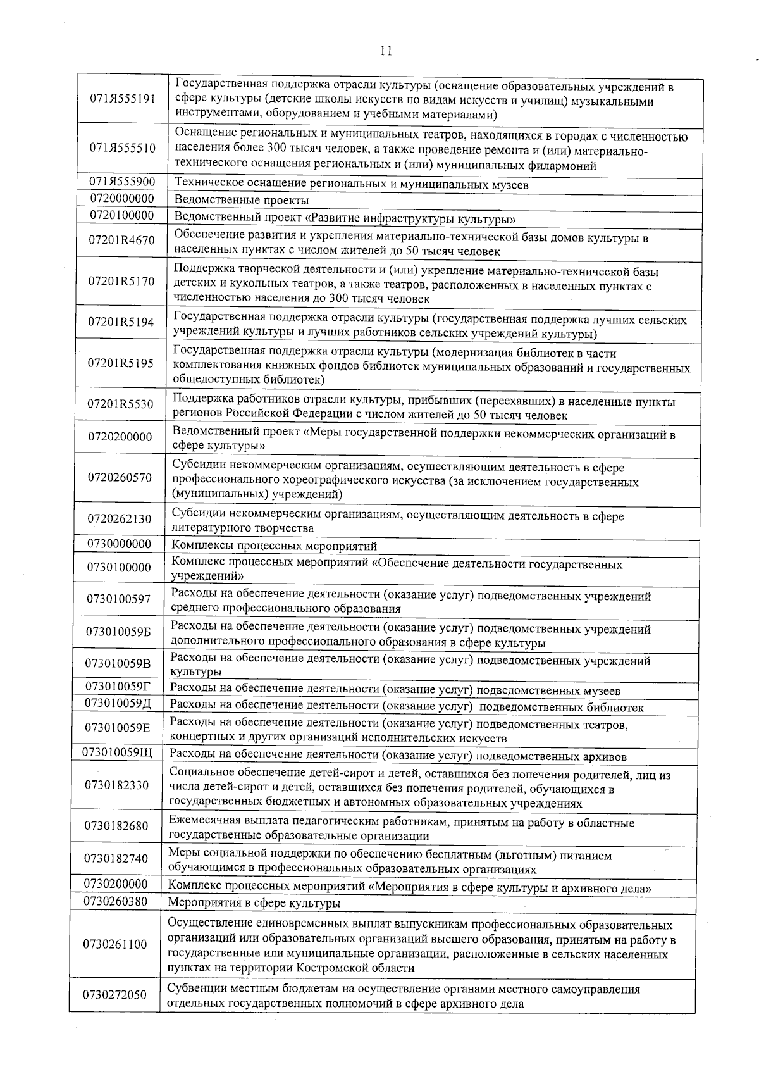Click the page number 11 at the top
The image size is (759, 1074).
coord(386,51)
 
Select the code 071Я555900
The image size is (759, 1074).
coord(123,182)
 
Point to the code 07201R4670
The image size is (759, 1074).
coord(122,241)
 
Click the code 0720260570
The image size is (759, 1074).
coord(120,477)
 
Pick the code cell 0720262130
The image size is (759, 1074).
coord(120,519)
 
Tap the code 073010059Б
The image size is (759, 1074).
coord(118,632)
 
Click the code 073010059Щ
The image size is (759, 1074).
coord(118,752)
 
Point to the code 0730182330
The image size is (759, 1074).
coord(116,785)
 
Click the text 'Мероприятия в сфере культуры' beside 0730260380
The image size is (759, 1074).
coord(254,903)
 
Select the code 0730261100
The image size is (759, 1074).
coord(115,945)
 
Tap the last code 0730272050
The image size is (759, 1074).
coord(114,996)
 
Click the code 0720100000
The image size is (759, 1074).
coord(122,215)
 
